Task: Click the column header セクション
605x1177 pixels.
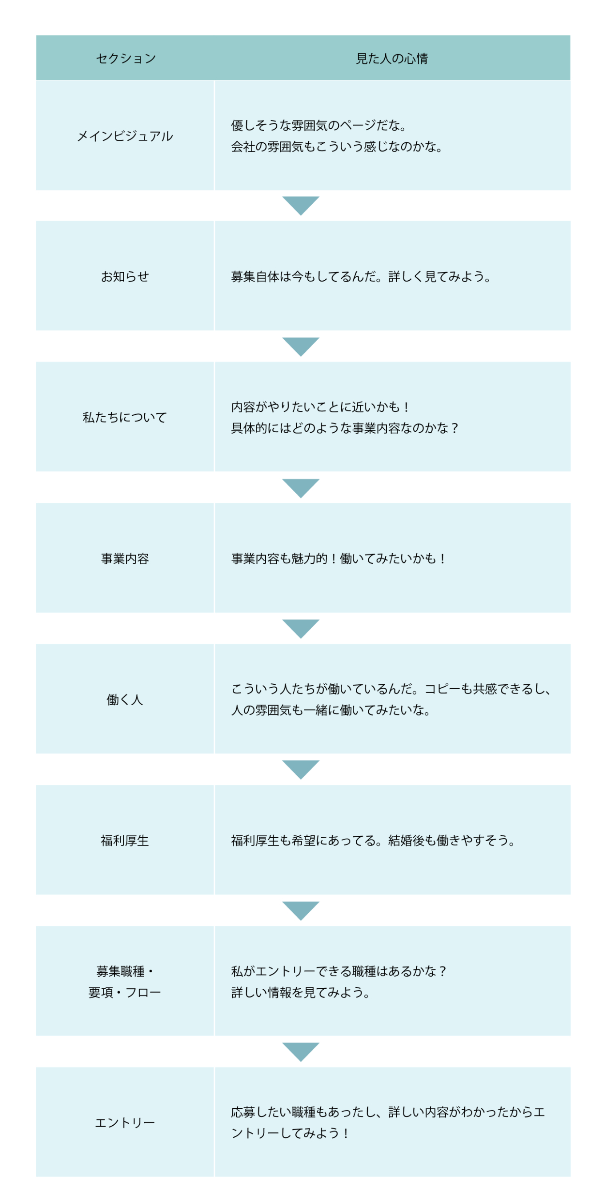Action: tap(126, 59)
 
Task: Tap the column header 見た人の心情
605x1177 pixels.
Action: tap(392, 59)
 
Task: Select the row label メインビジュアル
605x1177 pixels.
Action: tap(125, 136)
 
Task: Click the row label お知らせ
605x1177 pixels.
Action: tap(125, 276)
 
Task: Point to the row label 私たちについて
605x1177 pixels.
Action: tap(125, 417)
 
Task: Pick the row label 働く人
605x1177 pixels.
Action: tap(125, 699)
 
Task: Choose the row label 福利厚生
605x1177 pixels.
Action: tap(125, 841)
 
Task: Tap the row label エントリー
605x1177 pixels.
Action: tap(125, 1122)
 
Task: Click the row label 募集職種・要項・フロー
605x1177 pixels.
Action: tap(125, 981)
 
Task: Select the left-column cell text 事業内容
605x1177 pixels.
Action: tap(125, 558)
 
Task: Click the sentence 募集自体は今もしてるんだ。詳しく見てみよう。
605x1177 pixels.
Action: tap(361, 276)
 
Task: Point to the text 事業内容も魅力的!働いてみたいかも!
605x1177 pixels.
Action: tap(338, 558)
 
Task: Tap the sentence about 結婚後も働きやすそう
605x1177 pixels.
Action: tap(373, 841)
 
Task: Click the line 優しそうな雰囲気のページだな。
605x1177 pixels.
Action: tap(318, 125)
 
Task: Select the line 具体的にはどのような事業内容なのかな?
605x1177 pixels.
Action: tap(345, 428)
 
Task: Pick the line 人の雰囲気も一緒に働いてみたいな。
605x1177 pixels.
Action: tap(331, 710)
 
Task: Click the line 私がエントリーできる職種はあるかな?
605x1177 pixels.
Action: tap(339, 971)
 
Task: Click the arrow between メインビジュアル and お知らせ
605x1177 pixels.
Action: tap(301, 205)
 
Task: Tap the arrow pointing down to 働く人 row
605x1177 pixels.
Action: tap(301, 628)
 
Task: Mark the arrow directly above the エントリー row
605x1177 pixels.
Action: tap(301, 1051)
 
